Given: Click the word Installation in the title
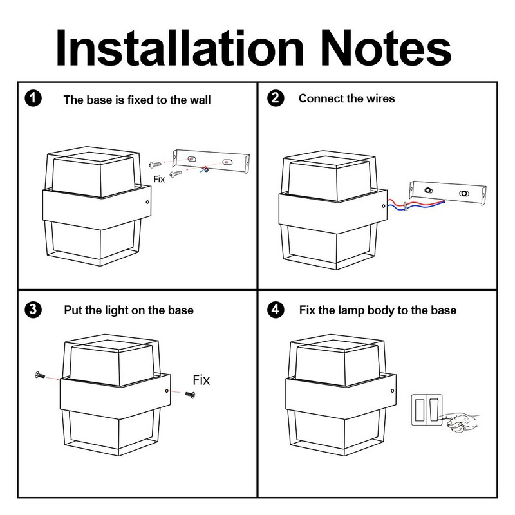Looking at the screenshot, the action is (180, 48).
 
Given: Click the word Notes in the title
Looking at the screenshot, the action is (386, 48).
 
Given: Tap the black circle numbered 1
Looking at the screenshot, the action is (33, 98).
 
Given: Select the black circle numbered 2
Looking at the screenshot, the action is (276, 98).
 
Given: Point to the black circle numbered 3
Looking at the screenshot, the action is (33, 310).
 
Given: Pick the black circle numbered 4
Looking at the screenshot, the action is (276, 310).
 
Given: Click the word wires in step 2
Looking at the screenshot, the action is (380, 98).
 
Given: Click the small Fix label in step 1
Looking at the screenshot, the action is (159, 179).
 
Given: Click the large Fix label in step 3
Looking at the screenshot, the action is (201, 380).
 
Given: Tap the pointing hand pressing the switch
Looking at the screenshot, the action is (459, 422).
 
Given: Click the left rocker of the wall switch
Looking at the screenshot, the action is (420, 410).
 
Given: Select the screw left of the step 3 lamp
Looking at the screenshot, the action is (40, 375).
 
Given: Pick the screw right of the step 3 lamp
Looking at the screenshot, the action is (191, 395).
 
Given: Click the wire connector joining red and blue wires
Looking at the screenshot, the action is (406, 207).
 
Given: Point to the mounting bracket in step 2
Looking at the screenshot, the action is (448, 194).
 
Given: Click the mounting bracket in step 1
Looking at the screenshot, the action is (211, 162).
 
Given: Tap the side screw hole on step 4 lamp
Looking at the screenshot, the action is (393, 391).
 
